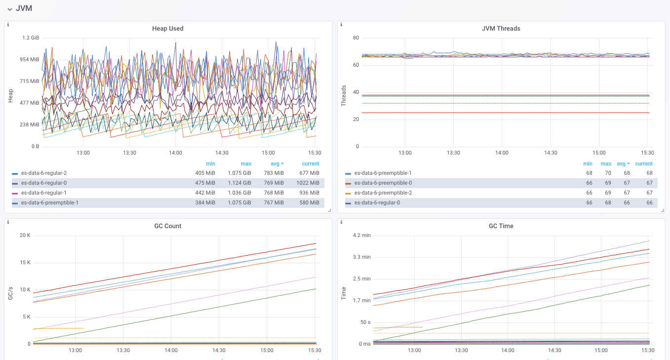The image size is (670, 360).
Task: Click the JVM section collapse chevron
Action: click(x=10, y=9)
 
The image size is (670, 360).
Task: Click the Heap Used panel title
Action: click(x=167, y=29)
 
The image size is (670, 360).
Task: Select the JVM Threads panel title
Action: click(x=501, y=29)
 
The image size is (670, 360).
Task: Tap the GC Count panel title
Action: click(x=167, y=226)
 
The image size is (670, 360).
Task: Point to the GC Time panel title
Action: click(x=501, y=226)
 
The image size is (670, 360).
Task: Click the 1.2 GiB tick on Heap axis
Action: click(x=31, y=38)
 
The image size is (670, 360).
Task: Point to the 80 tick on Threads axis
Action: click(x=355, y=38)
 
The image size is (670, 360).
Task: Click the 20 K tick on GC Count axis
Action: click(x=25, y=235)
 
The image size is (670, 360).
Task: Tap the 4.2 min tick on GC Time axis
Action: click(x=361, y=235)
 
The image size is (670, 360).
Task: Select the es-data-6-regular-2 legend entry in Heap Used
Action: click(x=43, y=173)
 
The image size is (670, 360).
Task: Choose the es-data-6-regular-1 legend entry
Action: click(x=43, y=193)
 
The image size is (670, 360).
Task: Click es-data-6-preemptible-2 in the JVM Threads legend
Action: click(x=383, y=193)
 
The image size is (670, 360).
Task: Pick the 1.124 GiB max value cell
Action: click(x=239, y=183)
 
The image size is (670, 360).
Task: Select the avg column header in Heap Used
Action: click(x=275, y=163)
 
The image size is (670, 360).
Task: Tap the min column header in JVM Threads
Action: click(x=588, y=163)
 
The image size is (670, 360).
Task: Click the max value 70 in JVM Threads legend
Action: click(x=608, y=173)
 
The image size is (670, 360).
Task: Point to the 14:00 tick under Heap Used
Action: click(x=175, y=153)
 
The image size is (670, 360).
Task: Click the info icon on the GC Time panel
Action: click(x=341, y=222)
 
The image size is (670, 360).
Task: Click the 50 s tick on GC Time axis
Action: click(x=365, y=322)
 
